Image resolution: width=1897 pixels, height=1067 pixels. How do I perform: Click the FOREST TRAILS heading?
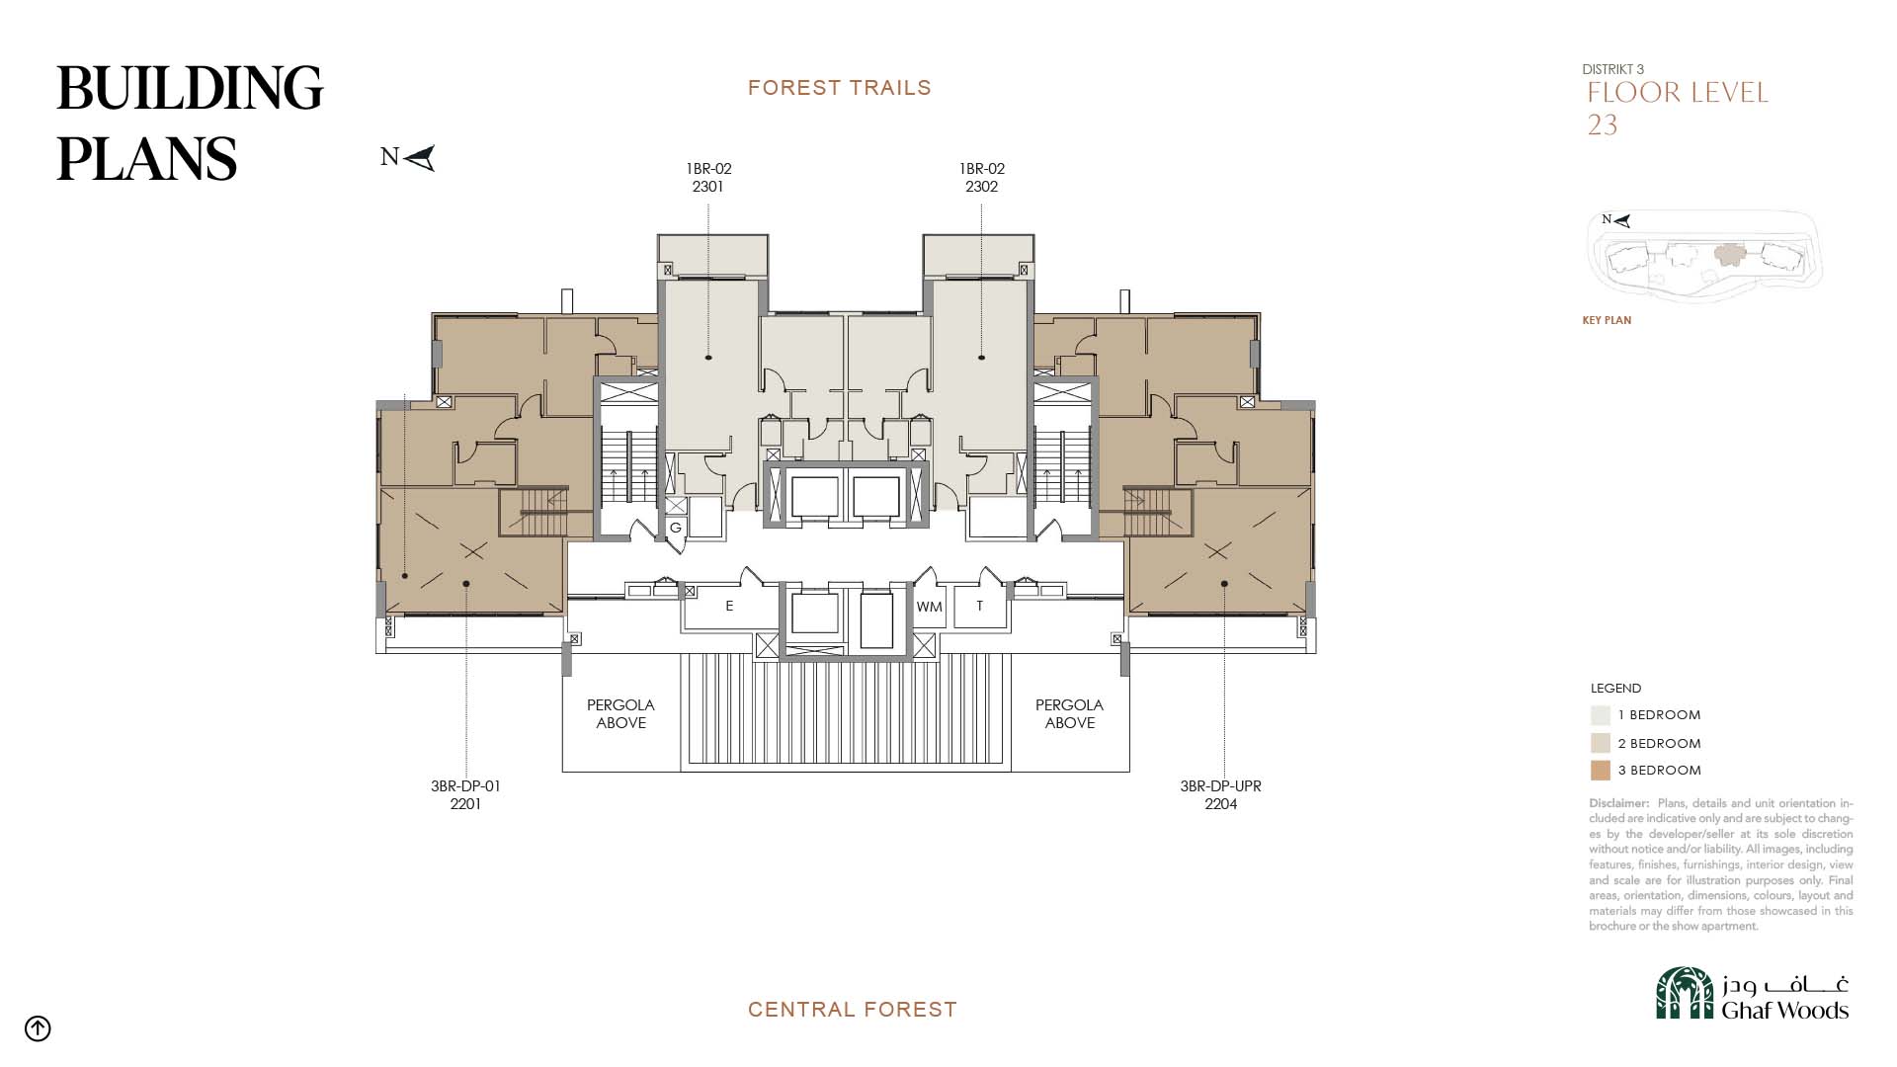840,88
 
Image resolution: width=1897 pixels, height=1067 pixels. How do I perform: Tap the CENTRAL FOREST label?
853,1010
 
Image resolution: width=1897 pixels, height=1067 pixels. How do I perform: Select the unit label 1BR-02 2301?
708,178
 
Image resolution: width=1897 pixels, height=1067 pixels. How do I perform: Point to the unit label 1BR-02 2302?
981,178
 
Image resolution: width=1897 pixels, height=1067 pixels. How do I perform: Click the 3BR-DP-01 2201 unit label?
465,795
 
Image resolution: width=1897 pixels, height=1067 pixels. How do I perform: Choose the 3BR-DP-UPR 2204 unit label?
1220,795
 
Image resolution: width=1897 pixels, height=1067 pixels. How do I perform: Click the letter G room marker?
676,528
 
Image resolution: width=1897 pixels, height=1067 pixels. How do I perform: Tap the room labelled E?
729,606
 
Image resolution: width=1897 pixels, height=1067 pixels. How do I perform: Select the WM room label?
929,607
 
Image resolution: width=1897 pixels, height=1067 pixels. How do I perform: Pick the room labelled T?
979,606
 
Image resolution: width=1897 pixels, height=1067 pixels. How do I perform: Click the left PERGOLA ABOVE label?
620,714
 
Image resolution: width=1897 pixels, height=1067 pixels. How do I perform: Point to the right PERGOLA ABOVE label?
1069,714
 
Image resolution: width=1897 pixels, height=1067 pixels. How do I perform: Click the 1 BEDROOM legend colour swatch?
1601,715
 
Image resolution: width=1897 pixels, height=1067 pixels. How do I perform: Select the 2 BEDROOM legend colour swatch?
1601,743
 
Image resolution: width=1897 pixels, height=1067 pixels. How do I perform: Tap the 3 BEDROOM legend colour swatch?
1601,771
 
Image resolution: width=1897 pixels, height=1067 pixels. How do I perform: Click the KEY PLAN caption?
1607,320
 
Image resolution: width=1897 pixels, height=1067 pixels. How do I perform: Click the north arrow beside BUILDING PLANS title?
419,158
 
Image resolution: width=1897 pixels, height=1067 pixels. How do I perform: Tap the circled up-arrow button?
38,1028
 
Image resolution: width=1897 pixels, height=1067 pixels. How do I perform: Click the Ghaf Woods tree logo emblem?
1685,993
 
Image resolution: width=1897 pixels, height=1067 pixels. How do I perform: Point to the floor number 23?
1603,125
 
